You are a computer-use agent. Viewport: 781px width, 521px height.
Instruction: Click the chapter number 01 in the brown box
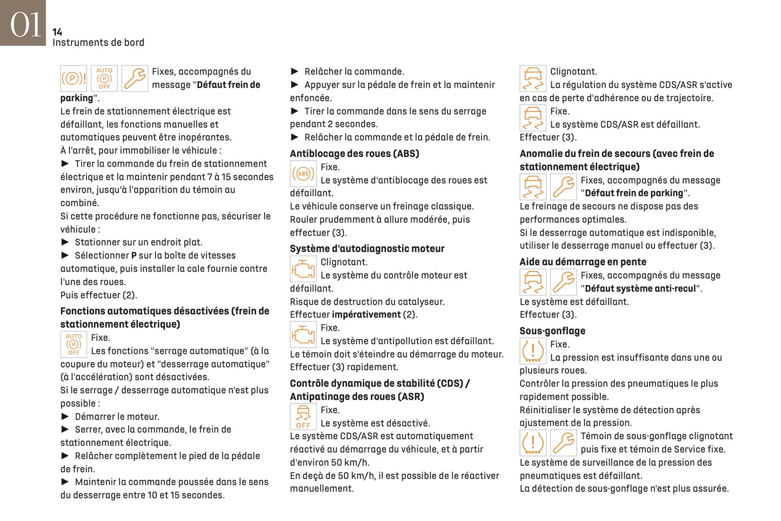tap(25, 25)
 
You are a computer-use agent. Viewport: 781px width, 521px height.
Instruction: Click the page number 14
tap(57, 32)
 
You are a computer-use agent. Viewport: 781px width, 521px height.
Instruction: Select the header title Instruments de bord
tap(98, 43)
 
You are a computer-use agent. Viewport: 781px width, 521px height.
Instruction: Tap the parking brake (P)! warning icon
tap(74, 78)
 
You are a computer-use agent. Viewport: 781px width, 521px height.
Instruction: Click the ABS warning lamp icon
tap(303, 174)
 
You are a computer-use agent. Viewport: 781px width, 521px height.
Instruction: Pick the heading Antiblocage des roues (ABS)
tap(355, 154)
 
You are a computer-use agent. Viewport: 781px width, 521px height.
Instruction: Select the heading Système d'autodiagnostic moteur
tap(367, 249)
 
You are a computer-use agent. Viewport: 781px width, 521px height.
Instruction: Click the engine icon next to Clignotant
tap(303, 269)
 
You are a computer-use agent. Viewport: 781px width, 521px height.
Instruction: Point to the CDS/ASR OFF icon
tap(303, 417)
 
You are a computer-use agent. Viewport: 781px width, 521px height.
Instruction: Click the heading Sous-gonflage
tap(552, 331)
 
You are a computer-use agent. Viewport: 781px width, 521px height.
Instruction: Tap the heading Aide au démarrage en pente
tap(583, 262)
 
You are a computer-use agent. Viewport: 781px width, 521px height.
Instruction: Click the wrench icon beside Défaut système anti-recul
tap(563, 282)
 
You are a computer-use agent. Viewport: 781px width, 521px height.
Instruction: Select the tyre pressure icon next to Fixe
tap(533, 351)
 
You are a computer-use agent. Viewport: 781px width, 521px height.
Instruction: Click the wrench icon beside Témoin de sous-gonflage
tap(563, 443)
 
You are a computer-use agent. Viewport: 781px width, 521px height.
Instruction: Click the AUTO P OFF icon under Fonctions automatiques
tap(74, 344)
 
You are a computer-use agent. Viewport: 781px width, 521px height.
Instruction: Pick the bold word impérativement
tap(366, 315)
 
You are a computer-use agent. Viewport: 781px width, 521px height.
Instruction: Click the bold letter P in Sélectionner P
tap(134, 256)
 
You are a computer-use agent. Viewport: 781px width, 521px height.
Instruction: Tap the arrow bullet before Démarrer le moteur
tap(65, 417)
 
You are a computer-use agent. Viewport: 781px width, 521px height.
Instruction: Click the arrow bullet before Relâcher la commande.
tap(295, 71)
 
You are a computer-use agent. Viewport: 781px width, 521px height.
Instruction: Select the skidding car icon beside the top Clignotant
tap(533, 78)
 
